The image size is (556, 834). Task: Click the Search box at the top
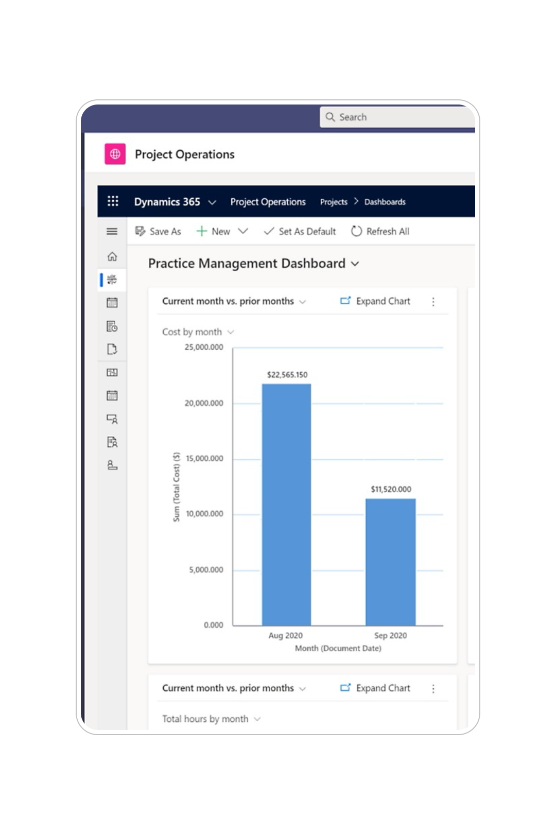pos(396,117)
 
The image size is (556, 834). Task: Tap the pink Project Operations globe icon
pos(115,154)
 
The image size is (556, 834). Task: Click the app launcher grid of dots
pos(113,201)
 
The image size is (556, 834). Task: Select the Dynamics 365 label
pos(167,202)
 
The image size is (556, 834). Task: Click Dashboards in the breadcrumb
pos(385,202)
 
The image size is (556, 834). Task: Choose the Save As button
pos(158,232)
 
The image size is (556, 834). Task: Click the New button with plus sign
pos(214,232)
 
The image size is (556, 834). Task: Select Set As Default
pos(300,232)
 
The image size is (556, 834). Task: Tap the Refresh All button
pos(380,232)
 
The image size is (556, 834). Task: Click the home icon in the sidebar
pos(112,256)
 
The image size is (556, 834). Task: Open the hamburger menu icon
pos(112,232)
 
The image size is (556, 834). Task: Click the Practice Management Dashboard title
pos(247,264)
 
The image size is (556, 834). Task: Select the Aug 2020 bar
pos(286,505)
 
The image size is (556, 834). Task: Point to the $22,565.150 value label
pos(287,375)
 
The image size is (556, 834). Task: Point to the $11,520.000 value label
pos(391,489)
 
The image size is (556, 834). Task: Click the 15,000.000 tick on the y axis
pos(204,459)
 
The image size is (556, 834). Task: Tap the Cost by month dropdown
pos(198,332)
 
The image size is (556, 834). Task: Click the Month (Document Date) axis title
pos(338,649)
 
